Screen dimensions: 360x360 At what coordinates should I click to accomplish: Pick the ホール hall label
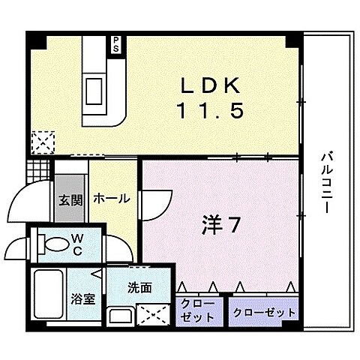(x=112, y=199)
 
